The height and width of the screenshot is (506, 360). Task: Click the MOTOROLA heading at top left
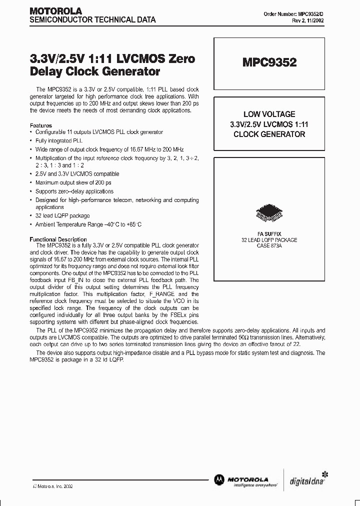55,10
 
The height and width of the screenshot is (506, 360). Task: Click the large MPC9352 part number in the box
269,62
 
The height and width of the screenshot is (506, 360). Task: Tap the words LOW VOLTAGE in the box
269,114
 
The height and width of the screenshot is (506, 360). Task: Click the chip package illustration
269,212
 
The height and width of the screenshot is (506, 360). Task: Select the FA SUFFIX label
269,234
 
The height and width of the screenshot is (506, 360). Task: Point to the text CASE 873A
269,246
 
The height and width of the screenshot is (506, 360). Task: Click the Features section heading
41,125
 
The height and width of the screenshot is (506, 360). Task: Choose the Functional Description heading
58,239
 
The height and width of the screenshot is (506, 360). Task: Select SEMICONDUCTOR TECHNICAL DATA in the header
92,20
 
